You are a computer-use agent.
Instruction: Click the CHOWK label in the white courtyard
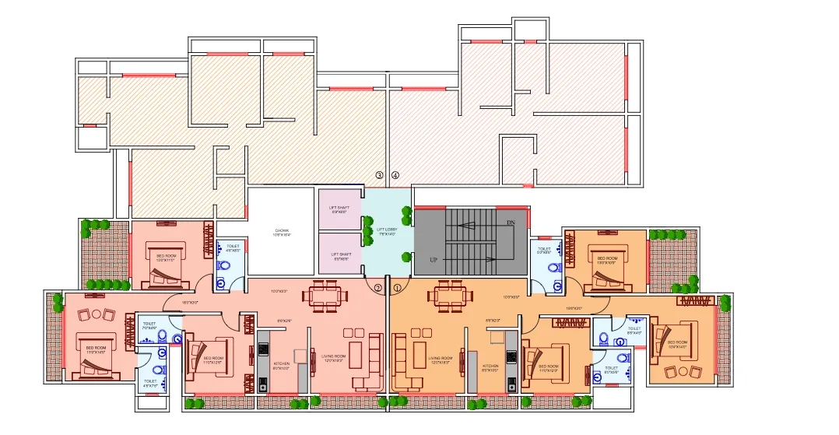coord(282,232)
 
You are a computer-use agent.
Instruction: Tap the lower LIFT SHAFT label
coord(340,255)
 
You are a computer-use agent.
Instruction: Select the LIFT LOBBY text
coord(387,231)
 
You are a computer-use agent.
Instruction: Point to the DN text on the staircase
coord(511,223)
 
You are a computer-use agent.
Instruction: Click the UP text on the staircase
coord(433,259)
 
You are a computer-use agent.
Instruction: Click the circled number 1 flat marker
coord(398,288)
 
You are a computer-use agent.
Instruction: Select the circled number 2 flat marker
coord(378,288)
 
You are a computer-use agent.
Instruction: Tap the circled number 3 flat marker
coord(380,175)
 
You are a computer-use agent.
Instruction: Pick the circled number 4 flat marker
coord(395,175)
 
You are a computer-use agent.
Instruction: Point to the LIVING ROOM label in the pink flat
coord(334,357)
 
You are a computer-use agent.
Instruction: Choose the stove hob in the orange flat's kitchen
coord(512,356)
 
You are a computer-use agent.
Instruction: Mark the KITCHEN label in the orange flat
coord(490,367)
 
